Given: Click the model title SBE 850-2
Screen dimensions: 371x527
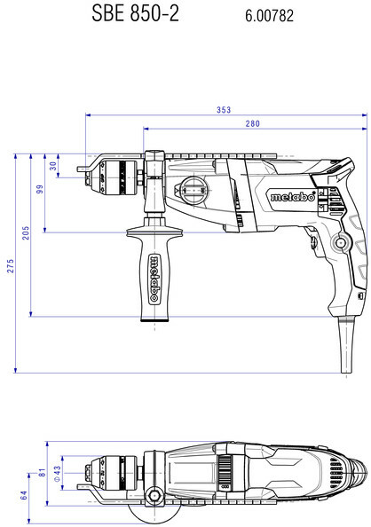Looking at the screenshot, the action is coord(135,14).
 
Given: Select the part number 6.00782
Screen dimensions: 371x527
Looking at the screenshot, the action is coord(269,16).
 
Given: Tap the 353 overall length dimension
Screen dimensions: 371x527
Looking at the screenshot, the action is coord(224,110).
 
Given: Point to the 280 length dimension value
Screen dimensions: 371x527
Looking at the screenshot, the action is coord(252,123).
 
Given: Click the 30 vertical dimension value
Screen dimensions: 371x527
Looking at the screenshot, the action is coord(53,166).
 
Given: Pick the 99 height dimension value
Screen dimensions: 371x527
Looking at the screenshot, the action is coord(40,189).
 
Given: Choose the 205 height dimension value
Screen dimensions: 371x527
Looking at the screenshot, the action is coord(26,233).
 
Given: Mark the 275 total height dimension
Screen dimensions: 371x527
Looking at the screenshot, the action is coord(11,266).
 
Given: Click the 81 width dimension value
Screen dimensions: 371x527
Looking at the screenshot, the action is coord(42,473).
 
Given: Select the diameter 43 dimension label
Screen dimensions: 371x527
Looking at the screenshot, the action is coord(57,474).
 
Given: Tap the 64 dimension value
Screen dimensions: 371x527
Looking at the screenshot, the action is coord(24,495).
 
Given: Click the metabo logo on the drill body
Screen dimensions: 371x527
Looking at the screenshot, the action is coord(293,197).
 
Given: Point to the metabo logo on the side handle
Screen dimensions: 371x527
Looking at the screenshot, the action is coord(154,279).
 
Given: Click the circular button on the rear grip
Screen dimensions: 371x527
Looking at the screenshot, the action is coord(341,242).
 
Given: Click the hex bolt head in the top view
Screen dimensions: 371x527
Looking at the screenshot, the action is coord(154,495).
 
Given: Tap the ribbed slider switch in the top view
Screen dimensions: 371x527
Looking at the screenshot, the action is coord(225,469).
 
